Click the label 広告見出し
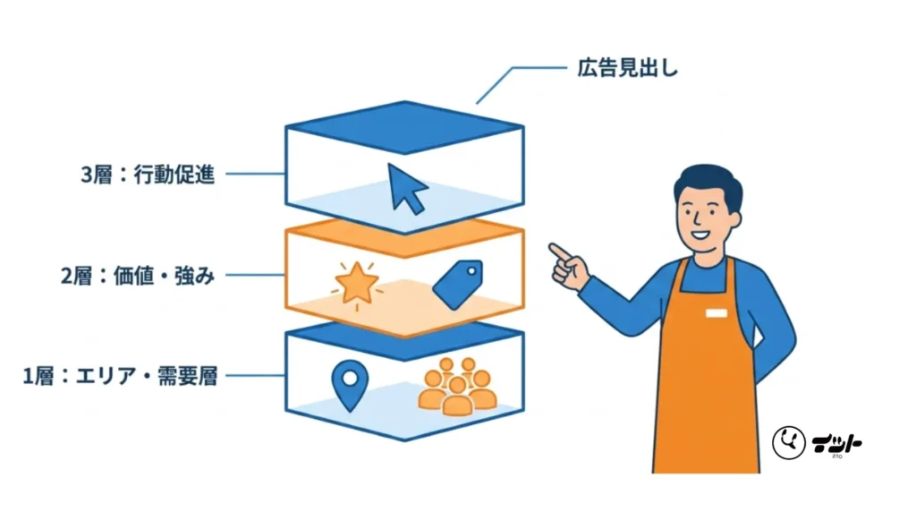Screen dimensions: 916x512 pos(627,68)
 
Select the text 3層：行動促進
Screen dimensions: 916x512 pos(148,175)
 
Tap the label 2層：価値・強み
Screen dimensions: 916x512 pos(138,276)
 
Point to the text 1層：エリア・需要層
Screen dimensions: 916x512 pos(120,376)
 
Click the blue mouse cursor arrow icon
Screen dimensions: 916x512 pos(406,188)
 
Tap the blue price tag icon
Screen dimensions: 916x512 pos(459,284)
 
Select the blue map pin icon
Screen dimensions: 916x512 pos(350,385)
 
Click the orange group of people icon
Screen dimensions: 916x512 pos(457,386)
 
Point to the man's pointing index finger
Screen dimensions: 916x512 pos(560,252)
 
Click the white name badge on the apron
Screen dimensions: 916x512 pos(717,313)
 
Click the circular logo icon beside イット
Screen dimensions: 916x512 pos(789,442)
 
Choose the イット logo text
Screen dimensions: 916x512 pos(836,444)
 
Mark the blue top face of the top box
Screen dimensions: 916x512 pos(404,127)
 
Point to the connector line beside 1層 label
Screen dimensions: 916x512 pos(255,375)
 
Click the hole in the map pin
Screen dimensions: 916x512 pos(350,378)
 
